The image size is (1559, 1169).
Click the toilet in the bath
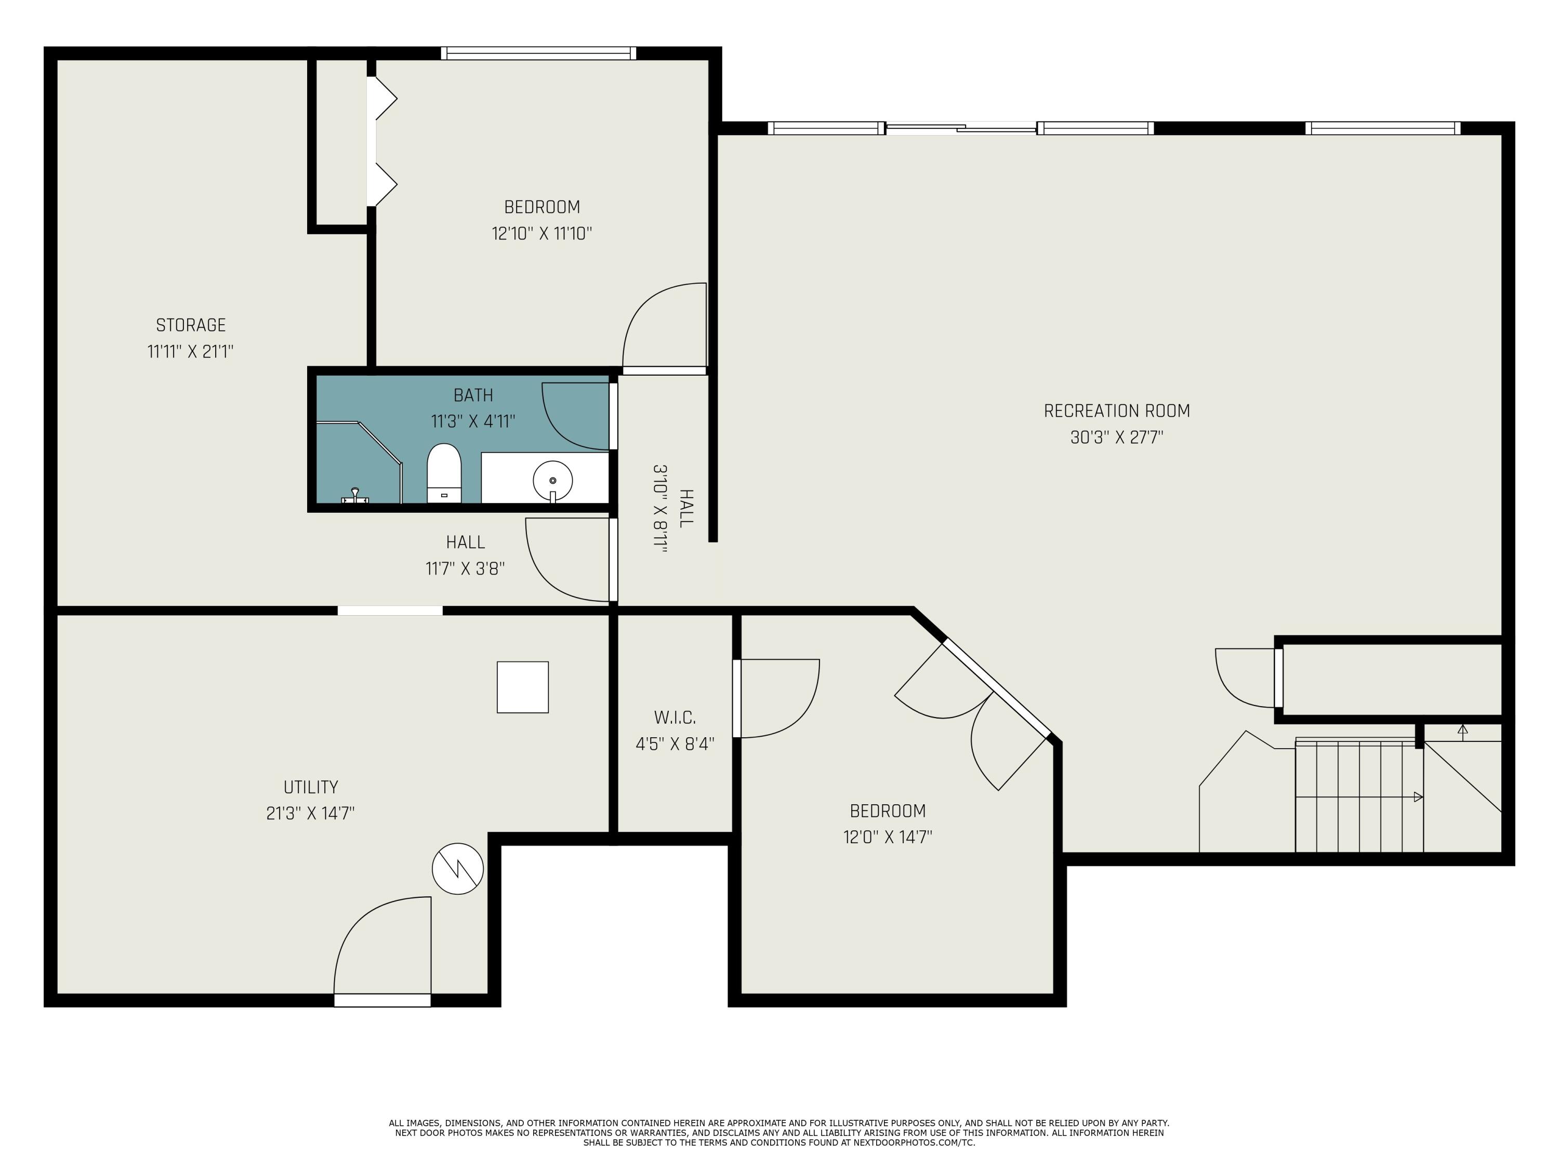coord(444,473)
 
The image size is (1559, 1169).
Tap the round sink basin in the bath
coord(552,481)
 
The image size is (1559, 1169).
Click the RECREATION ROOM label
coord(1116,411)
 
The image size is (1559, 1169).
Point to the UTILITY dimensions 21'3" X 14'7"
coord(310,813)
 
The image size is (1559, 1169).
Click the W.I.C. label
coord(675,718)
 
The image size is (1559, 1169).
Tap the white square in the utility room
coord(522,687)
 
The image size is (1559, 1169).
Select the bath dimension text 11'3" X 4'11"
coord(473,421)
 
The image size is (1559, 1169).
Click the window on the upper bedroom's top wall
coord(538,54)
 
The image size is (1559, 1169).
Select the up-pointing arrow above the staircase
coord(1462,730)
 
